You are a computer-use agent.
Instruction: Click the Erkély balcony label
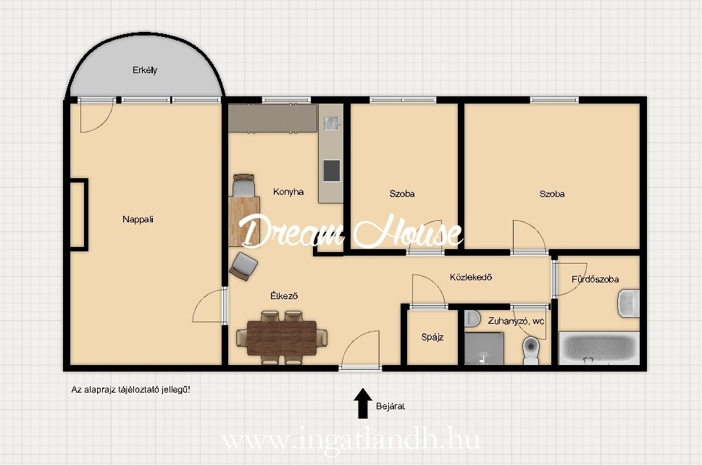pyautogui.click(x=145, y=70)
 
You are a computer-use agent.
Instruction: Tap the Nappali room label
pyautogui.click(x=138, y=219)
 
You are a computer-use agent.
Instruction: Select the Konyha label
pyautogui.click(x=288, y=192)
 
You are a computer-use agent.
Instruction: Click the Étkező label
pyautogui.click(x=284, y=296)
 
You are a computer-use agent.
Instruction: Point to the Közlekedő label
pyautogui.click(x=471, y=277)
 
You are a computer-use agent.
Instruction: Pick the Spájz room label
pyautogui.click(x=432, y=337)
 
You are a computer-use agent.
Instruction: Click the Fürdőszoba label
pyautogui.click(x=595, y=280)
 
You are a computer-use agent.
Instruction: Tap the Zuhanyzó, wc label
pyautogui.click(x=517, y=321)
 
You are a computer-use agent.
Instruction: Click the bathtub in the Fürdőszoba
pyautogui.click(x=598, y=347)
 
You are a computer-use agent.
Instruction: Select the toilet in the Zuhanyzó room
pyautogui.click(x=530, y=350)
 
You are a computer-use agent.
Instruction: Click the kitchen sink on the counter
pyautogui.click(x=332, y=123)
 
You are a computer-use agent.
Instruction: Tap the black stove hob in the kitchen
pyautogui.click(x=331, y=170)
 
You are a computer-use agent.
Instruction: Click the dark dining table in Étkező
pyautogui.click(x=282, y=338)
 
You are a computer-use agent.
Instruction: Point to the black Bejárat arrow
pyautogui.click(x=363, y=403)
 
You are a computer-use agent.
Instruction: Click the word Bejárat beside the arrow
pyautogui.click(x=390, y=406)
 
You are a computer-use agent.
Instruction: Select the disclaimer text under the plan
pyautogui.click(x=130, y=390)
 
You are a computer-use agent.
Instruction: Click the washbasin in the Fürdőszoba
pyautogui.click(x=629, y=303)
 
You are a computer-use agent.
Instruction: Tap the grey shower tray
pyautogui.click(x=484, y=348)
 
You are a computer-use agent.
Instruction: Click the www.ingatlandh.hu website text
pyautogui.click(x=351, y=440)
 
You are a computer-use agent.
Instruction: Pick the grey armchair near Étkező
pyautogui.click(x=243, y=267)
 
